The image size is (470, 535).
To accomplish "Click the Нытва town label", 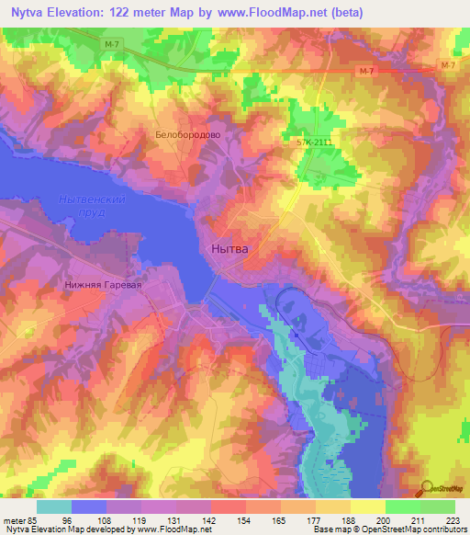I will point(229,248).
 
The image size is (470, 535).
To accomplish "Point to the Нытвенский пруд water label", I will point(90,205).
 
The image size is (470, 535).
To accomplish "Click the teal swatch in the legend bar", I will point(54,507).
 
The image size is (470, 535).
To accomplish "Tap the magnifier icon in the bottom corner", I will point(427,489).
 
